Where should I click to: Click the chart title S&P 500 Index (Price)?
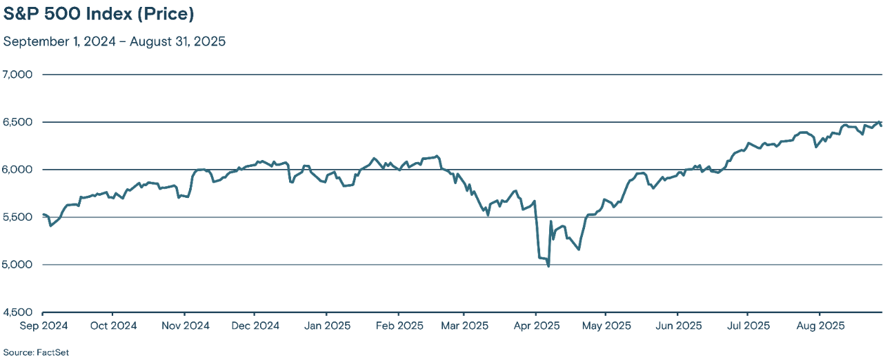(99, 14)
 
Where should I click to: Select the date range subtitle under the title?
(115, 41)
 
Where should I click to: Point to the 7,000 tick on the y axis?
(18, 74)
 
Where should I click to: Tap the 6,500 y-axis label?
(18, 122)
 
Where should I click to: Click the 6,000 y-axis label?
(18, 170)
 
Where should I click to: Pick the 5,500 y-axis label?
(18, 217)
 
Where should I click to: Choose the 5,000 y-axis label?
(18, 265)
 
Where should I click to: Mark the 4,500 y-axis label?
(18, 312)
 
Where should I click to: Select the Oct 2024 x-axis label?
(113, 326)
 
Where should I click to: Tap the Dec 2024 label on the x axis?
(255, 326)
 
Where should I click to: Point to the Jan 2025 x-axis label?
(327, 326)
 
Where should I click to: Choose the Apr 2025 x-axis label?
(536, 326)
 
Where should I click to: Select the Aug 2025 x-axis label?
(818, 326)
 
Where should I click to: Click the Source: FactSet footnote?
(36, 352)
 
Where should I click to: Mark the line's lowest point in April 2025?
(548, 266)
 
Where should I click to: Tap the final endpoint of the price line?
(881, 126)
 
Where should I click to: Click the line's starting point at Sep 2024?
(43, 214)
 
